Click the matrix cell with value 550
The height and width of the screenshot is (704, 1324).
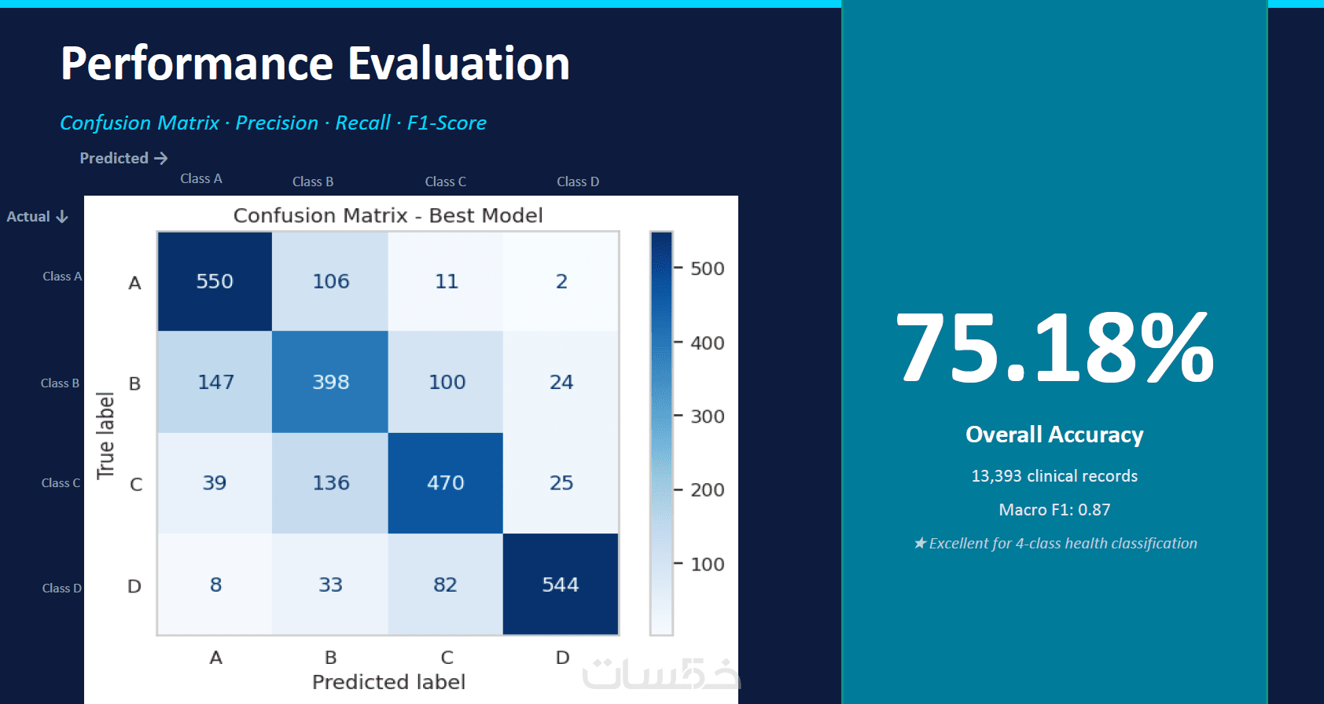pos(215,281)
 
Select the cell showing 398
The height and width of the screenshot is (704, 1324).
pos(330,382)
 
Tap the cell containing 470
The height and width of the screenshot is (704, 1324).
pos(445,482)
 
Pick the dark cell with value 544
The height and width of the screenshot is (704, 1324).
pos(560,585)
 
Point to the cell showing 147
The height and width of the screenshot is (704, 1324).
pos(215,382)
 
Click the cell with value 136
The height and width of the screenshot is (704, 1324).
pos(330,482)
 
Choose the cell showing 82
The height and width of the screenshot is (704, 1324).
pos(445,585)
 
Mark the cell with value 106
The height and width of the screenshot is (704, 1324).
pos(330,281)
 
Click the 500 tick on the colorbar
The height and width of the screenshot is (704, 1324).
pos(707,269)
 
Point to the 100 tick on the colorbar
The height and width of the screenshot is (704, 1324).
pos(707,564)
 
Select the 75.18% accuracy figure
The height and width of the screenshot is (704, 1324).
pos(1054,348)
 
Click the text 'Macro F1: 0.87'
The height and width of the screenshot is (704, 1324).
pos(1054,510)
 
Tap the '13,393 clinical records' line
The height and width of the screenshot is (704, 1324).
pos(1054,476)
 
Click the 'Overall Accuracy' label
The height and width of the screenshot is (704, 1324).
pos(1054,434)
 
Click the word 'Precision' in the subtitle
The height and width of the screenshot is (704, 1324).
pos(277,123)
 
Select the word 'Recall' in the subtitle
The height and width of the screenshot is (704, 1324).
pos(362,123)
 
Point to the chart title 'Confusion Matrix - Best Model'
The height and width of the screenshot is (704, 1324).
pos(388,215)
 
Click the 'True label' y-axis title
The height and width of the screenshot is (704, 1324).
pos(105,435)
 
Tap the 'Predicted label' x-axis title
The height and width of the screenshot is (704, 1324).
pos(388,682)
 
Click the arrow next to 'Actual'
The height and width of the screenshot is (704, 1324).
pos(62,217)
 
